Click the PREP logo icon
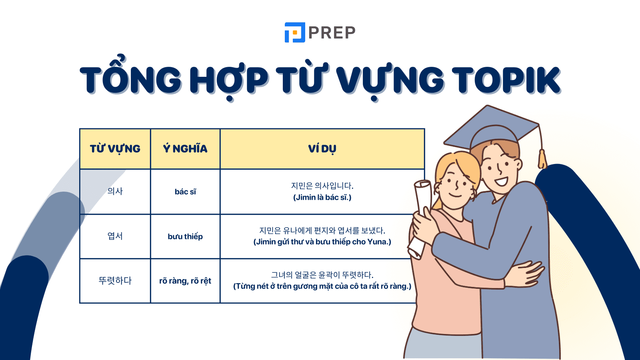[x=294, y=32]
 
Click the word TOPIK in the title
[x=506, y=80]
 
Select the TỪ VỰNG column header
[x=115, y=149]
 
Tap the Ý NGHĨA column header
[x=185, y=149]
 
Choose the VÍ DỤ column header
[x=322, y=149]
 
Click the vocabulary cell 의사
[x=115, y=191]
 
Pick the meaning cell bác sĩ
[x=185, y=192]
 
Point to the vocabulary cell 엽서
[x=115, y=236]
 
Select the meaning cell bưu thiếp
[x=185, y=236]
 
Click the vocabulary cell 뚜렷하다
[x=115, y=280]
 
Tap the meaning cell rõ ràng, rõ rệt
[x=185, y=281]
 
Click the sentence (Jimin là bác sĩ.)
[x=322, y=197]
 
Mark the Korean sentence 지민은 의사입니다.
[x=322, y=186]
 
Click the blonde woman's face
[x=456, y=184]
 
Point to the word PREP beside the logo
[x=332, y=33]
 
